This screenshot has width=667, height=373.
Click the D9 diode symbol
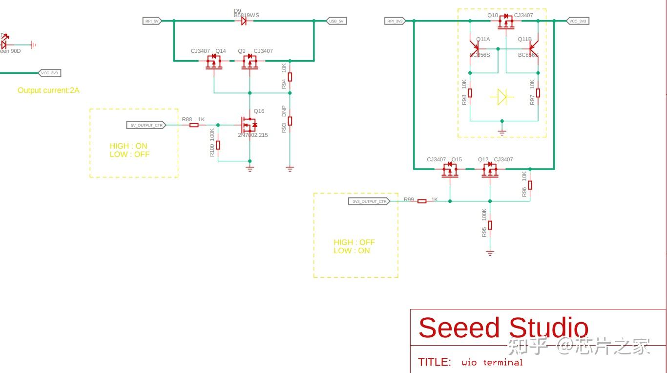point(244,21)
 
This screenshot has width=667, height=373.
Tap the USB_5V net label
point(336,21)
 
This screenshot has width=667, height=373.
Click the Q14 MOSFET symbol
point(214,61)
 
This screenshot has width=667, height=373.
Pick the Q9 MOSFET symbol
point(250,61)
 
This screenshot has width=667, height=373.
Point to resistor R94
point(290,77)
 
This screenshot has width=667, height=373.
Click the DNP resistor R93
point(290,121)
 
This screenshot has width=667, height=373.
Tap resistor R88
point(194,125)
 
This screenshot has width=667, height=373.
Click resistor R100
point(218,145)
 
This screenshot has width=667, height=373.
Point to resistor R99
point(422,201)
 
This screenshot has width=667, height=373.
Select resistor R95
point(490,225)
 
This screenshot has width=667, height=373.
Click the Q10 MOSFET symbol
point(506,22)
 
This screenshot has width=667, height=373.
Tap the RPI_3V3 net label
point(395,21)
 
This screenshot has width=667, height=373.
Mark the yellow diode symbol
point(502,97)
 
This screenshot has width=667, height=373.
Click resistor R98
point(470,93)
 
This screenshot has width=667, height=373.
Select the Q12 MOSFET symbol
point(490,169)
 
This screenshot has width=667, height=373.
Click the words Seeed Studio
point(503,328)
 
